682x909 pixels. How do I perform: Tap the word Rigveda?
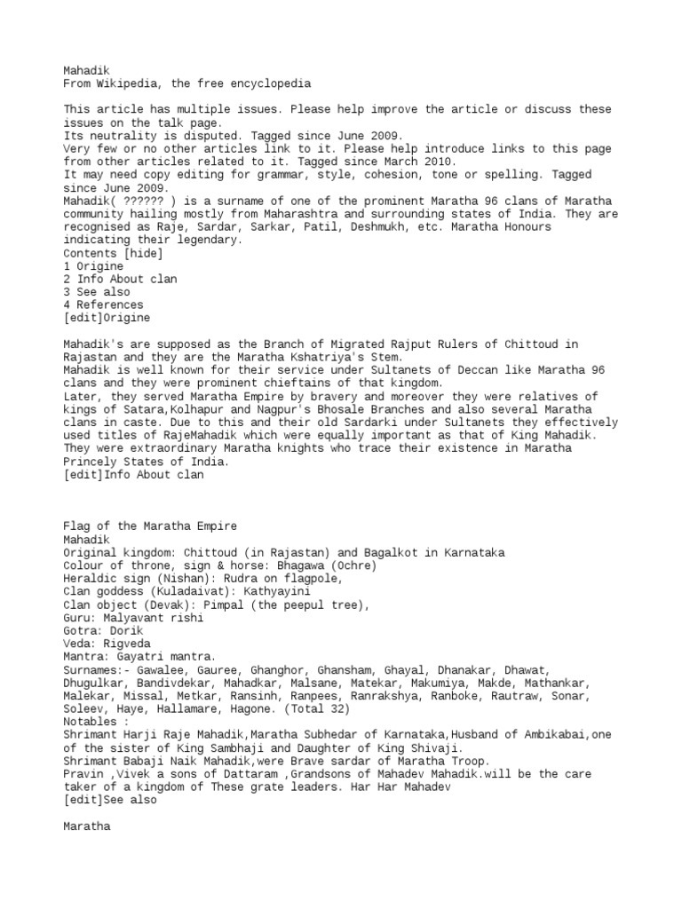pos(125,644)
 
